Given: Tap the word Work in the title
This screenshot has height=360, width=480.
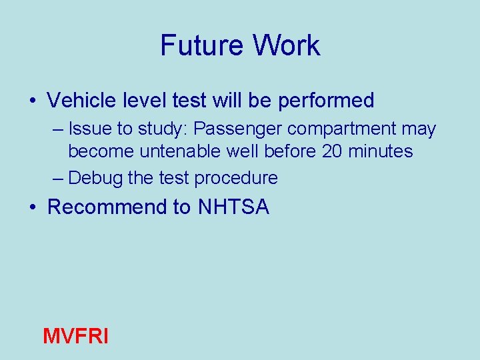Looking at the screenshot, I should pyautogui.click(x=287, y=46).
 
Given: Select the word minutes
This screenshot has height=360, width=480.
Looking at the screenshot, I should pyautogui.click(x=383, y=151).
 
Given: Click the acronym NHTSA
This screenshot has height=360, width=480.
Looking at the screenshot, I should pyautogui.click(x=233, y=207).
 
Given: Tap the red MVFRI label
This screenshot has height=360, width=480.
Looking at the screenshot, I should pyautogui.click(x=75, y=336).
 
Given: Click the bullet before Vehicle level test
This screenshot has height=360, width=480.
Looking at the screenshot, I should pyautogui.click(x=33, y=101).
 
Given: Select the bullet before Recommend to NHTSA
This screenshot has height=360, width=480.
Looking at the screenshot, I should pyautogui.click(x=33, y=208).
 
